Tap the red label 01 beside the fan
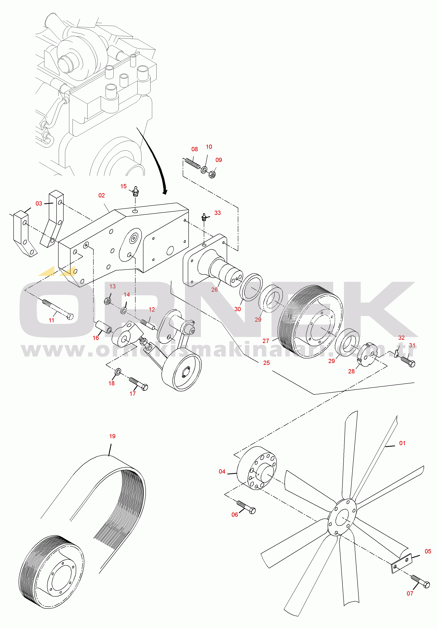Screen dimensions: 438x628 coord(402,443)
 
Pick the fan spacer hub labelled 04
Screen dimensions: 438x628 coord(256,468)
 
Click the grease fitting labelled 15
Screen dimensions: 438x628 coord(135,192)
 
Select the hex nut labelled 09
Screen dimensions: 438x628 coord(212,174)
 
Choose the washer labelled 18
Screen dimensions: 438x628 coord(118,372)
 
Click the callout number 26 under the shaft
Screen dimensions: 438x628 coord(214,290)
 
